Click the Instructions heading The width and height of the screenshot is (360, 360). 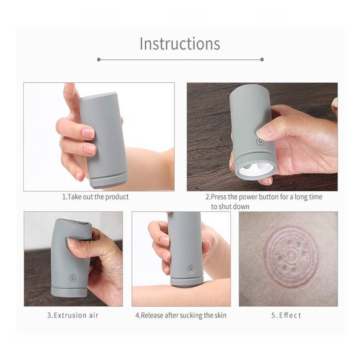click(180, 44)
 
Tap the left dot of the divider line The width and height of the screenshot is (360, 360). click(99, 60)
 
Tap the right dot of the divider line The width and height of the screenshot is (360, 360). click(262, 60)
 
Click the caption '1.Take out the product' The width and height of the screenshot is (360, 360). click(95, 197)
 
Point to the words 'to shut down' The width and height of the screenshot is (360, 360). click(230, 207)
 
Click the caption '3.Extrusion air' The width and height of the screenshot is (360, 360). click(73, 315)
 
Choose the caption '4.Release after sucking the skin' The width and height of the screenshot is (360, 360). click(181, 315)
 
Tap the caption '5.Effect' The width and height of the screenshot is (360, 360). click(286, 315)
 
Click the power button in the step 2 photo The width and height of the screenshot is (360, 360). click(260, 141)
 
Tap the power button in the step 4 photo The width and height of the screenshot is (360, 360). click(191, 269)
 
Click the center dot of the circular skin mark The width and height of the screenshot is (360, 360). click(292, 256)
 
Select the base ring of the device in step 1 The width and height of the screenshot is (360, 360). click(109, 180)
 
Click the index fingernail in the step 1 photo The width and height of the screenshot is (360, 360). click(88, 133)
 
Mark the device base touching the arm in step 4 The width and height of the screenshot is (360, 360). click(187, 283)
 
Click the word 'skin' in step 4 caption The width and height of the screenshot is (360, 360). click(220, 315)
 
